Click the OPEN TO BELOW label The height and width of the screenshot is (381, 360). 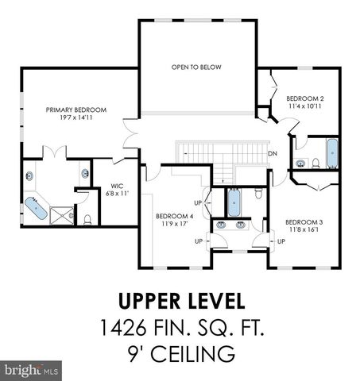(196, 67)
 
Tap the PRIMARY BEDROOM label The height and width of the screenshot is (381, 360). (76, 110)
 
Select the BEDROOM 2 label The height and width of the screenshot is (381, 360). (305, 98)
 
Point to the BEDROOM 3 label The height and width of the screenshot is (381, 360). (304, 222)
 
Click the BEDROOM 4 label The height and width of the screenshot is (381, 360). (175, 216)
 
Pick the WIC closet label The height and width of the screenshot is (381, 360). (117, 186)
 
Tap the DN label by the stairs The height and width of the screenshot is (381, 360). (273, 153)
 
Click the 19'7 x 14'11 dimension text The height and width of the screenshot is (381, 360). (76, 117)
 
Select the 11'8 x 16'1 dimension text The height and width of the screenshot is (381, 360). (304, 229)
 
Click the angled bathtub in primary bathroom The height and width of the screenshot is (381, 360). (36, 208)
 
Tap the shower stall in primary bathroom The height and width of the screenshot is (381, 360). (62, 216)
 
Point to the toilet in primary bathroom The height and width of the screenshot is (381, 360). (87, 220)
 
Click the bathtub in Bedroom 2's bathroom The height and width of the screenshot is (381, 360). (332, 153)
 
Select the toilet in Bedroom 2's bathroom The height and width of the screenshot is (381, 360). (315, 164)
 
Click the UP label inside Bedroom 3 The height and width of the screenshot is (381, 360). (281, 241)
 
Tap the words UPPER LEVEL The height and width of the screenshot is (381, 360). (182, 301)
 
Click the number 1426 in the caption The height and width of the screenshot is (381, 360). (123, 327)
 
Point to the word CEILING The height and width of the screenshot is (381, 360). (192, 354)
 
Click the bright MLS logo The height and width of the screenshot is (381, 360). (31, 371)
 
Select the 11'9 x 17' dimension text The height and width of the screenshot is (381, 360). (175, 224)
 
